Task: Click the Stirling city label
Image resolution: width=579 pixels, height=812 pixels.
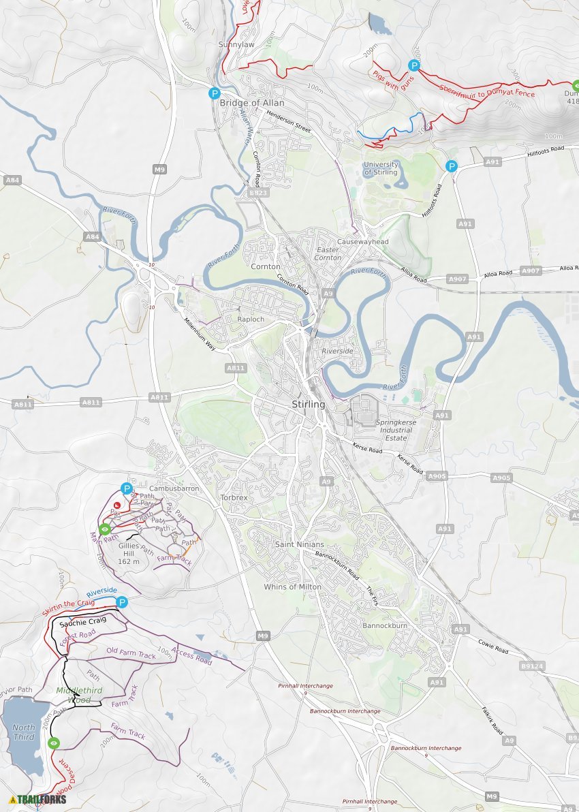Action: (x=308, y=405)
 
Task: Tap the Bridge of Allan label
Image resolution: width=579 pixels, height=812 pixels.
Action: (x=251, y=103)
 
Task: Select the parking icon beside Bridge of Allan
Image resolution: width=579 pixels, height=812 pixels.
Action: (x=215, y=94)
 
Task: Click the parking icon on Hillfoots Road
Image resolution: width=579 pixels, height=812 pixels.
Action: (x=451, y=166)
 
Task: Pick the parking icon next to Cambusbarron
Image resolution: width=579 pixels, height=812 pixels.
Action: (x=126, y=488)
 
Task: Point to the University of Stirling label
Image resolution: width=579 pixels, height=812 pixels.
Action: (x=381, y=168)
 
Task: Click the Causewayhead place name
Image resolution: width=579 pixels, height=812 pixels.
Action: (x=362, y=242)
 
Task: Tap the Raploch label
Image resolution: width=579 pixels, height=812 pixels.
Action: (x=250, y=319)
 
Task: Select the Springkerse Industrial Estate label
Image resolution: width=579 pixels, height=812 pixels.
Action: (x=395, y=430)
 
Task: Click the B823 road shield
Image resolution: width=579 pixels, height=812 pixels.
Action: (x=259, y=193)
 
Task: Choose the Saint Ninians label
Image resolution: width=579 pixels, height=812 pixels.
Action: (x=299, y=544)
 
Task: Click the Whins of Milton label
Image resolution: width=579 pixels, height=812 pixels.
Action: (x=293, y=587)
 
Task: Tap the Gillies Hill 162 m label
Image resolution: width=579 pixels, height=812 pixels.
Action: (x=128, y=554)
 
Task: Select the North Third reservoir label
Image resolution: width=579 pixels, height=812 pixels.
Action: (x=24, y=732)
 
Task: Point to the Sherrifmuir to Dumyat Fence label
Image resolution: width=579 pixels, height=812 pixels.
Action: (x=486, y=91)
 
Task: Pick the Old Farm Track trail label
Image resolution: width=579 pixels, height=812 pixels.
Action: (x=131, y=653)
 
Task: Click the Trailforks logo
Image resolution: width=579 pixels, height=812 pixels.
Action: (x=38, y=799)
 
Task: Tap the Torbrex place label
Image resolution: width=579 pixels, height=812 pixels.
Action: (x=234, y=498)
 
